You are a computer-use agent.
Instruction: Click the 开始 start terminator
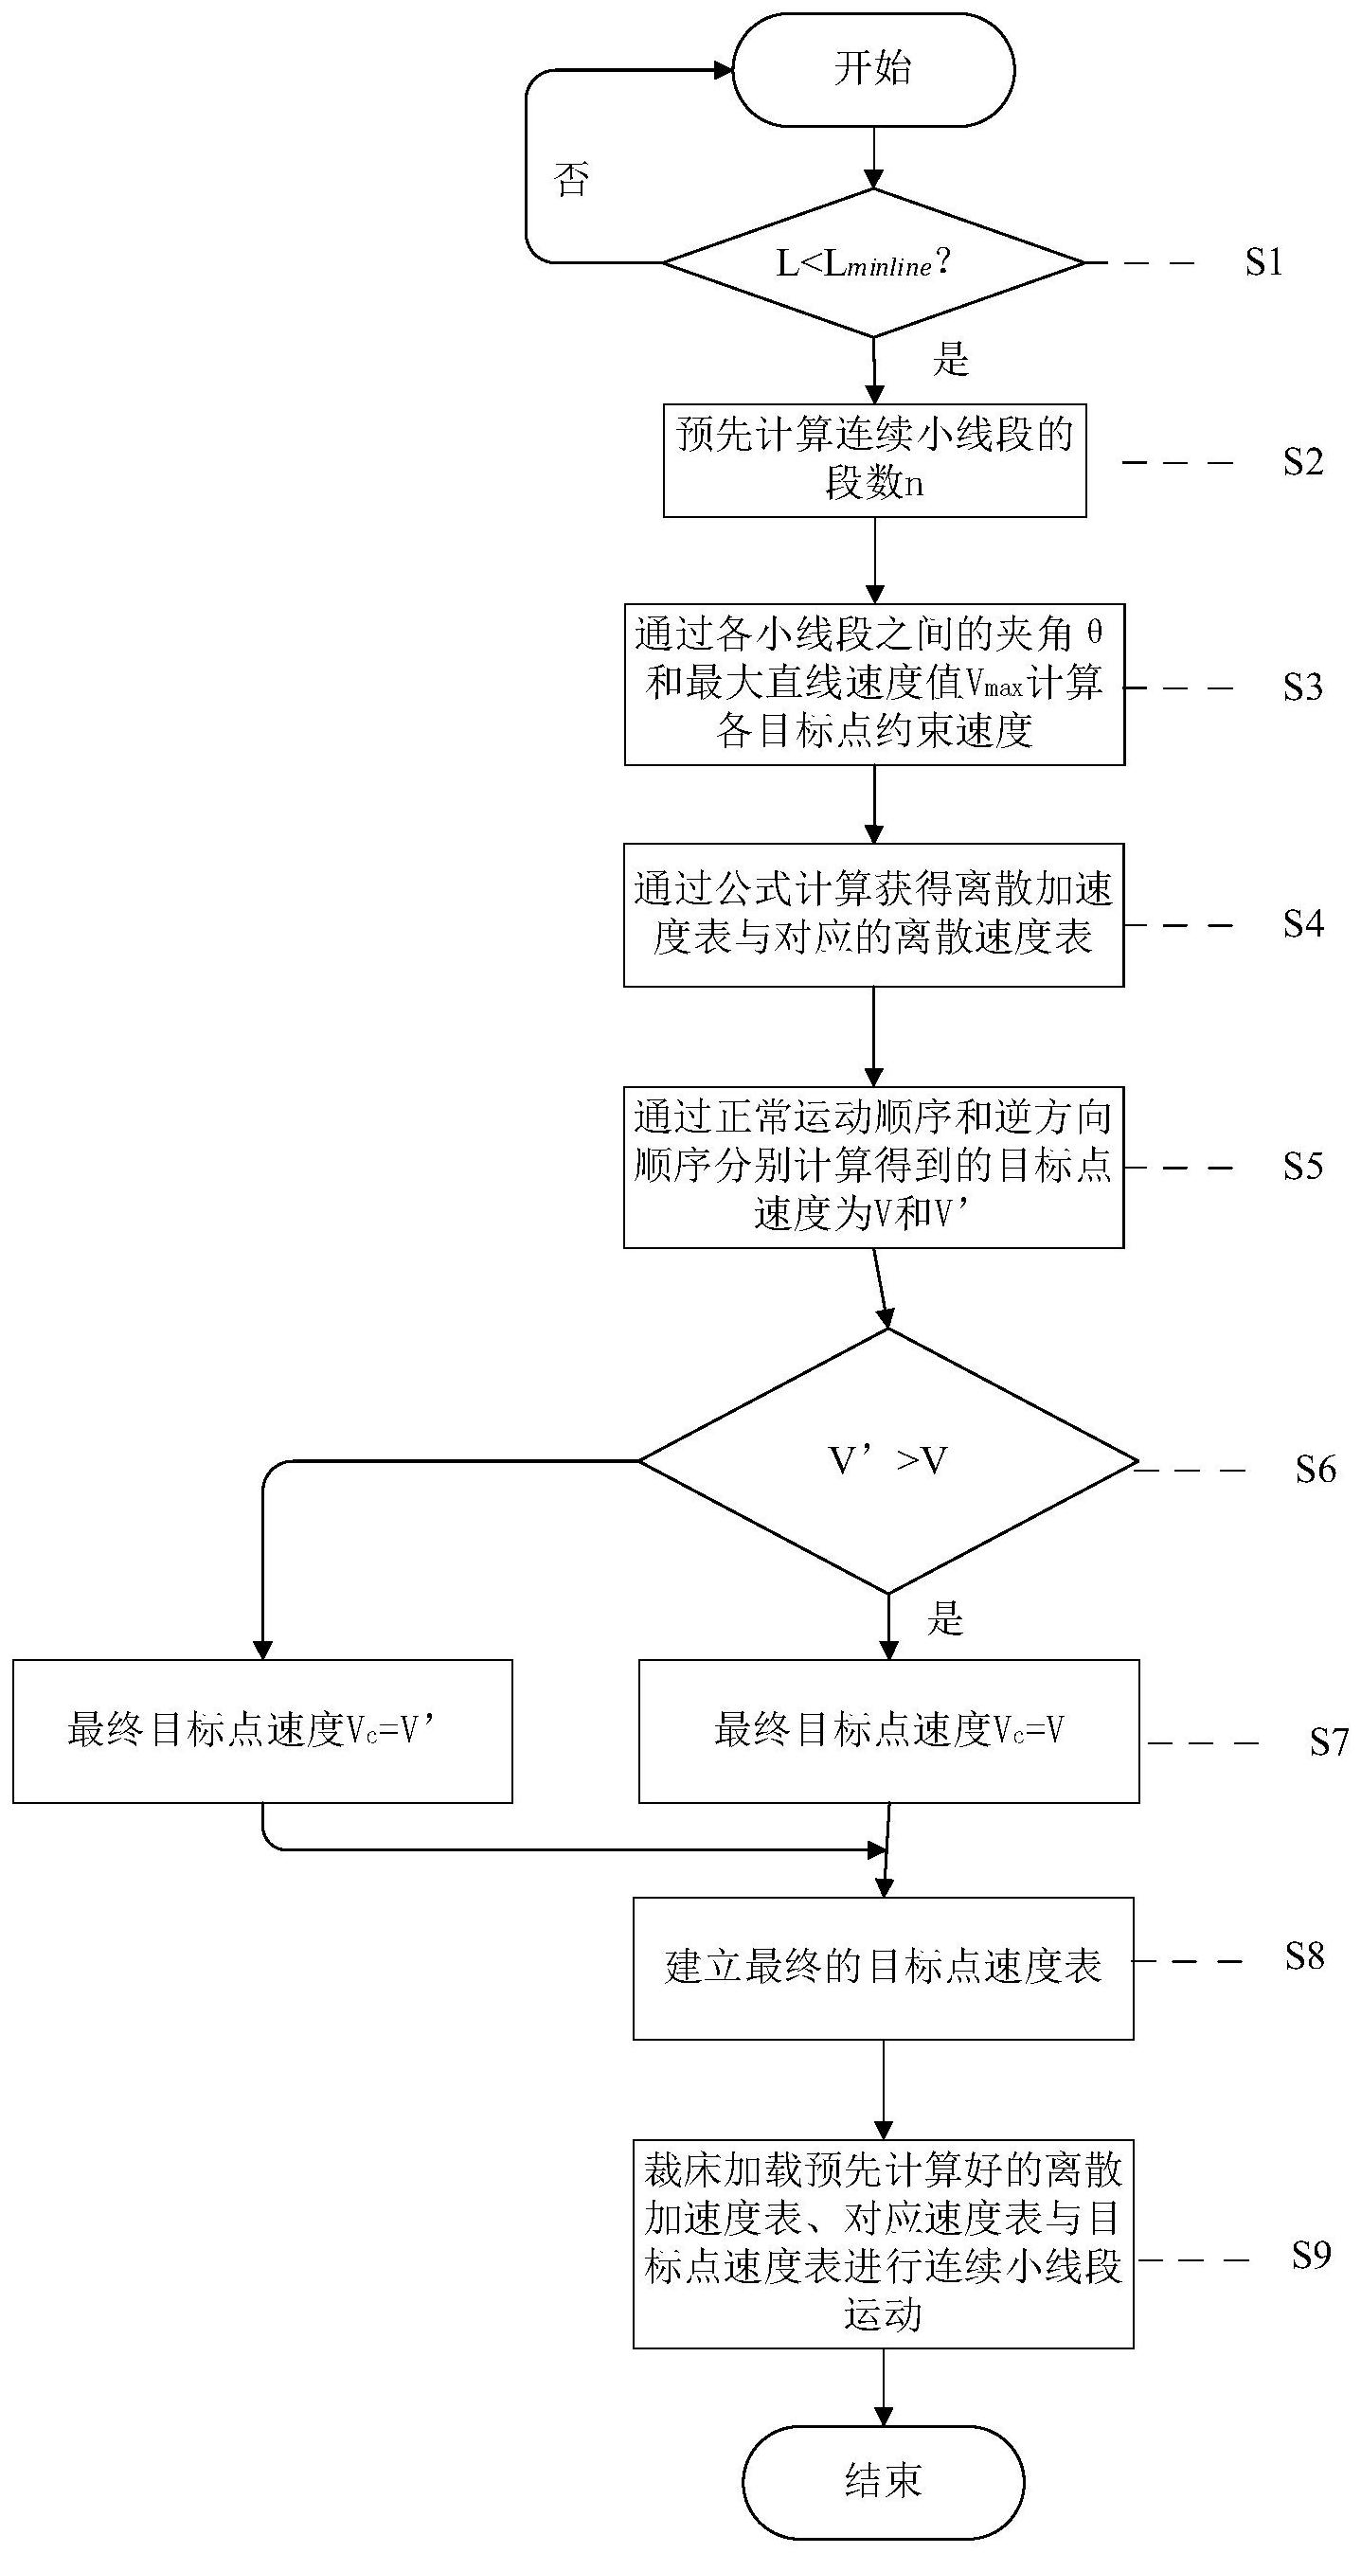[x=872, y=69]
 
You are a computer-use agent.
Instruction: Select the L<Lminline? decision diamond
[x=872, y=263]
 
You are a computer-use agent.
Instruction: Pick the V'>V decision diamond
[x=887, y=1461]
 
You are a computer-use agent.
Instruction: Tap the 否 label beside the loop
[x=571, y=179]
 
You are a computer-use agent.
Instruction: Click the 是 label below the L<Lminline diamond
[x=950, y=359]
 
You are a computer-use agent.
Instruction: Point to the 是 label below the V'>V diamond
[x=944, y=1618]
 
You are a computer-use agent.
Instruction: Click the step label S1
[x=1263, y=262]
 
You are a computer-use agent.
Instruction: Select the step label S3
[x=1302, y=687]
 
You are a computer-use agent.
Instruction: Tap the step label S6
[x=1316, y=1469]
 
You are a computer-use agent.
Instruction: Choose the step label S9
[x=1311, y=2276]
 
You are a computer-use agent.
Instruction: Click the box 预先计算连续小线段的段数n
[x=874, y=460]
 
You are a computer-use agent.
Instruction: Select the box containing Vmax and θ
[x=873, y=684]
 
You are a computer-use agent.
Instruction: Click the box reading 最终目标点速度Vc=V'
[x=261, y=1730]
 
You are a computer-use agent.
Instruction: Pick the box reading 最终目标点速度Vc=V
[x=888, y=1730]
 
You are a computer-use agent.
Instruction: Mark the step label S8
[x=1304, y=1955]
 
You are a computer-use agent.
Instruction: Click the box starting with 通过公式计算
[x=872, y=915]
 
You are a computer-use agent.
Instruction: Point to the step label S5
[x=1302, y=1166]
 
